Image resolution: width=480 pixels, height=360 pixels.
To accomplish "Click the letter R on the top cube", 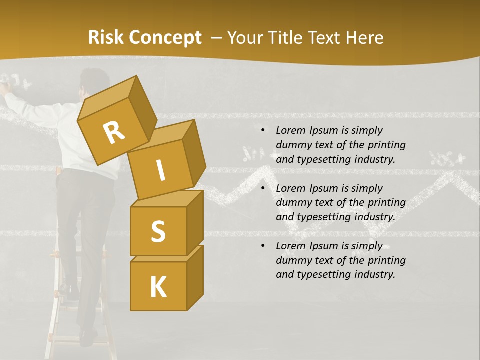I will tap(114, 133).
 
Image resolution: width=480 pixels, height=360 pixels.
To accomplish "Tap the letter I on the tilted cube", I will tap(160, 170).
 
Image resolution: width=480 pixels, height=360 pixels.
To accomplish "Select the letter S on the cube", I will tap(158, 231).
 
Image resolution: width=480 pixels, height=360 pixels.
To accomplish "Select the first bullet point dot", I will tap(263, 131).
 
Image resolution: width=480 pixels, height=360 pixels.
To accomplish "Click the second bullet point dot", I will tap(263, 188).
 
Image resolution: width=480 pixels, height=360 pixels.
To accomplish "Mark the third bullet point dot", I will tap(263, 246).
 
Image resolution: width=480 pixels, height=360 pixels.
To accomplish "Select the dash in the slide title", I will tap(216, 38).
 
